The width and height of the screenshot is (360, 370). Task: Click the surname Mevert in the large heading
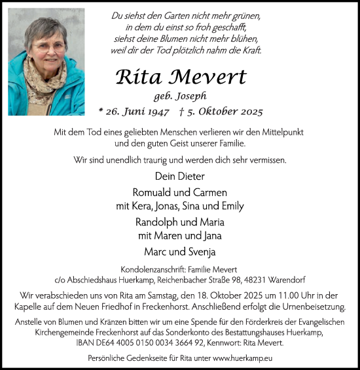click(207, 77)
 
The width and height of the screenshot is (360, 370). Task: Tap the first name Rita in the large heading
click(140, 77)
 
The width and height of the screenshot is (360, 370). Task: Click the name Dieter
click(192, 176)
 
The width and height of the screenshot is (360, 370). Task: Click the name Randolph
click(156, 222)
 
